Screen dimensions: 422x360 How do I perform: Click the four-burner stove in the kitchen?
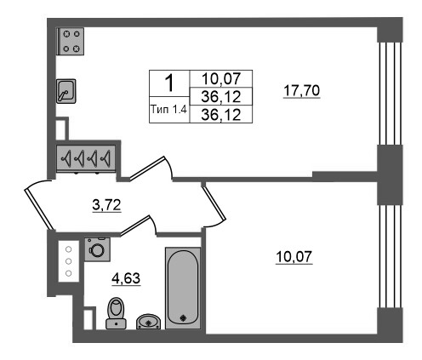coord(71,41)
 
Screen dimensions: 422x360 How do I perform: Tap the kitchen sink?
coord(66,91)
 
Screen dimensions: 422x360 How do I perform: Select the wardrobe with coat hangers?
coord(86,157)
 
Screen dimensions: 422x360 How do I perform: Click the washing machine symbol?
coord(97,249)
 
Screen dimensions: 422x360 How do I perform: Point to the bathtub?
coord(183,288)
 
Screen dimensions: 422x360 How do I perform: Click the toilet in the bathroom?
coord(116,313)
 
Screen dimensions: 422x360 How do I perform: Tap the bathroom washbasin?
coord(148,322)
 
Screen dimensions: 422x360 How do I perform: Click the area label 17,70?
coord(302,91)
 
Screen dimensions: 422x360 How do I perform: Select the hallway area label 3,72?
coord(106,205)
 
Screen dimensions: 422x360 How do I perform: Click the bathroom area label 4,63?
coord(126,279)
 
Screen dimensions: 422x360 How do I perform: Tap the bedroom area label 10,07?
coord(294,257)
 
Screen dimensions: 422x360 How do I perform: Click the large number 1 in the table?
coord(169,83)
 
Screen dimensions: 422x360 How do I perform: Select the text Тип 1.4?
coord(169,109)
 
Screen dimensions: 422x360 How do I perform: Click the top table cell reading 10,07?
coord(221,78)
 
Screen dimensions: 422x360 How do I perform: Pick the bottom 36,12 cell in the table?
coord(221,115)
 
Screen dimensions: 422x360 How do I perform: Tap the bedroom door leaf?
coord(214,202)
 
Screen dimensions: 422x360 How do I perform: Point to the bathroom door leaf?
coord(135,226)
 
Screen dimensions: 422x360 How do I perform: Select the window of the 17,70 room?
coord(390,94)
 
